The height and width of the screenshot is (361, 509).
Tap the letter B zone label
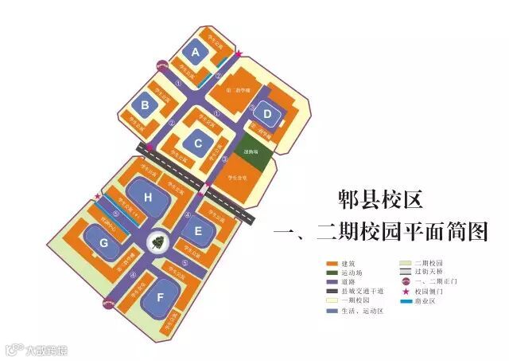146,104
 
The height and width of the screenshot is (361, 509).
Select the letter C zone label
198,143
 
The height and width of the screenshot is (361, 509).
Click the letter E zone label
198,231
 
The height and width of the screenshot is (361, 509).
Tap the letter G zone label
103,243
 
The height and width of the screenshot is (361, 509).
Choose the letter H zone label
147,196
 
